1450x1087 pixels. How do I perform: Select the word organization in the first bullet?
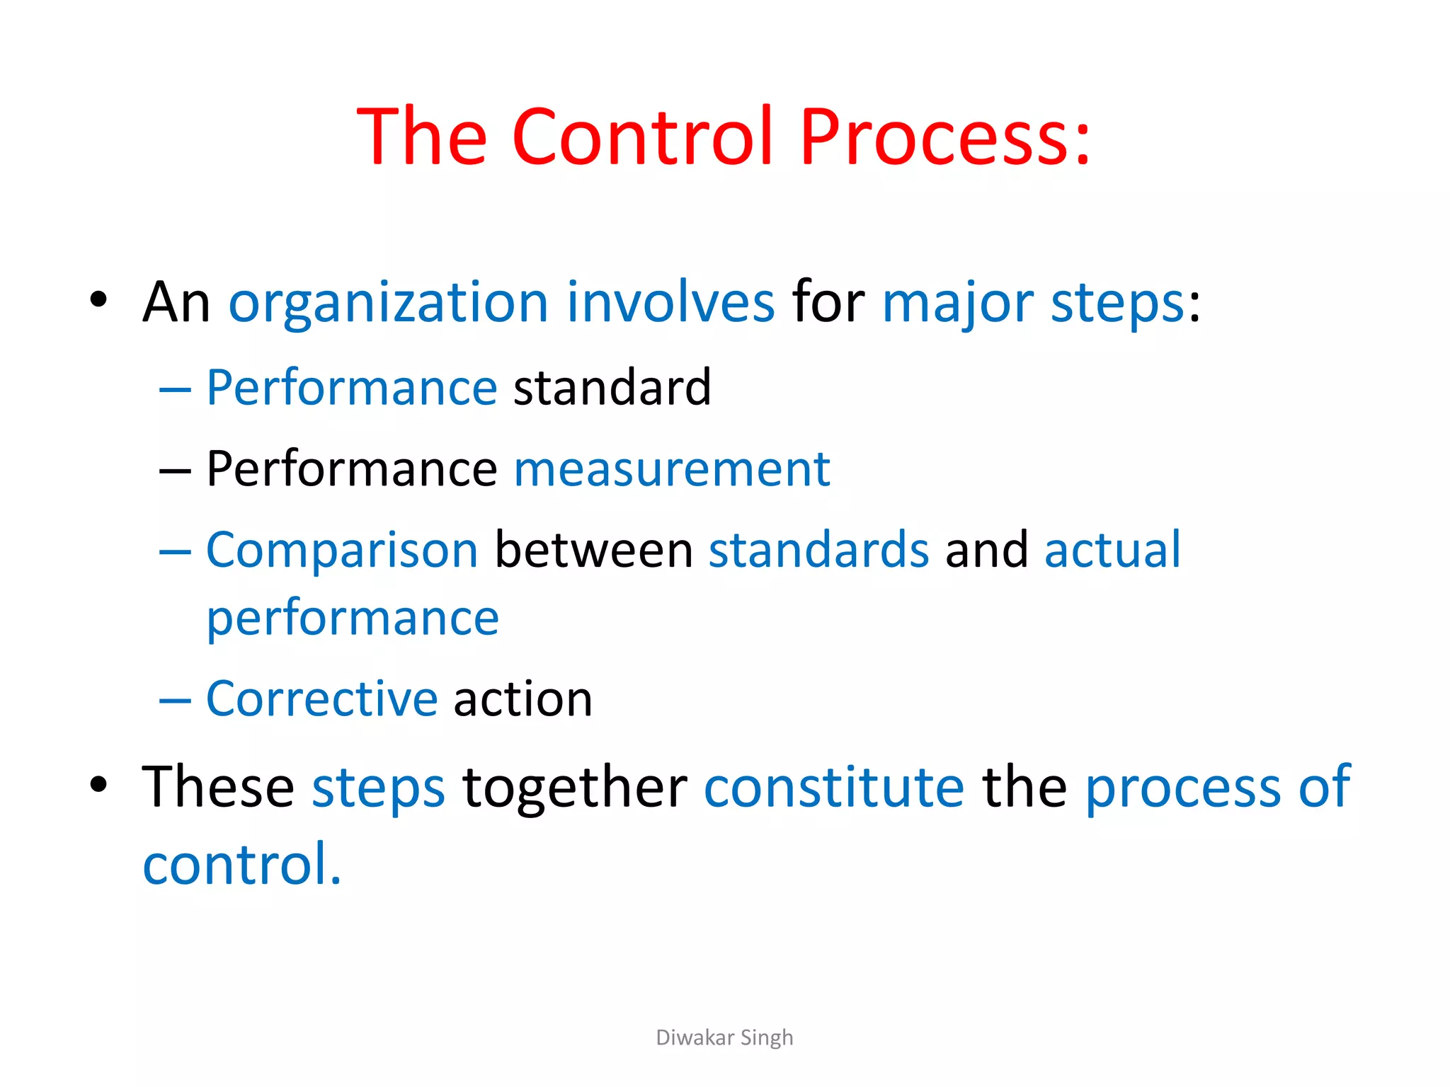[x=388, y=303]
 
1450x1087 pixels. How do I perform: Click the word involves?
[x=670, y=303]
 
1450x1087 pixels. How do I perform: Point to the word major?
[x=957, y=303]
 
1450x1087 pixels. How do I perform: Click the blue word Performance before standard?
[x=352, y=388]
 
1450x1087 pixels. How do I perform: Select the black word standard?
[x=612, y=388]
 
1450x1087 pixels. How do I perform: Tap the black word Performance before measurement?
[x=352, y=468]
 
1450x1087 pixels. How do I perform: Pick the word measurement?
[x=671, y=468]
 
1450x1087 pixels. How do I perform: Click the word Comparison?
[x=342, y=550]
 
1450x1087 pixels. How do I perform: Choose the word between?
[x=593, y=550]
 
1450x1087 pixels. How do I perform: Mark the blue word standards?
[x=818, y=550]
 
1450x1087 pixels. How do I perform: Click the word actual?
[x=1112, y=550]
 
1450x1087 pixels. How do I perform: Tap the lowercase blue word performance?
[x=353, y=619]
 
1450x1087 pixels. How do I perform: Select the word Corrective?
[x=322, y=699]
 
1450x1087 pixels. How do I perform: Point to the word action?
[x=523, y=699]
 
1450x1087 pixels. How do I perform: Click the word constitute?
[x=833, y=787]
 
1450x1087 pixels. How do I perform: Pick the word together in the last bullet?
[x=574, y=787]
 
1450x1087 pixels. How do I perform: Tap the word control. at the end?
[x=242, y=864]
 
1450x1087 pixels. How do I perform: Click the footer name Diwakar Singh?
[x=724, y=1037]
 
